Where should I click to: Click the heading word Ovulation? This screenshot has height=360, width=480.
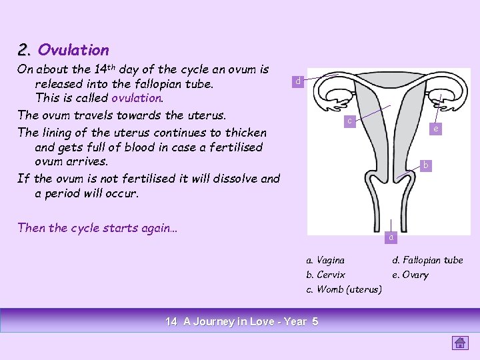(x=73, y=50)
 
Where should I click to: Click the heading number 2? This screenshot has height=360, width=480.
(x=25, y=50)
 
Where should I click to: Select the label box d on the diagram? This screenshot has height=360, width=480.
(x=298, y=81)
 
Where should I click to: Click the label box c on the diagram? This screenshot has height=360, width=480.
(x=349, y=121)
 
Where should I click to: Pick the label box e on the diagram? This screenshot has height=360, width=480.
(x=435, y=129)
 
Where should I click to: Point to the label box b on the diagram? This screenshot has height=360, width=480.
(x=425, y=164)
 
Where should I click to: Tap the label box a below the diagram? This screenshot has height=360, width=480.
(x=391, y=236)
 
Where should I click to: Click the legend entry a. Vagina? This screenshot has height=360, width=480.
(x=325, y=260)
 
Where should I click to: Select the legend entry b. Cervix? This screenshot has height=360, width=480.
(x=325, y=275)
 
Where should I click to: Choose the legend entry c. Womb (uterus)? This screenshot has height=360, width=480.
(x=343, y=289)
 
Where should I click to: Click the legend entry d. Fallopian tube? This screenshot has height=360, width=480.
(x=427, y=260)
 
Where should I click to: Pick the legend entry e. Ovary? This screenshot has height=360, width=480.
(x=410, y=275)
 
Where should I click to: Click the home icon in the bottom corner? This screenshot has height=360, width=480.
(x=460, y=343)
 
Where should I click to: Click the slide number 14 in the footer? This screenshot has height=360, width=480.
(x=171, y=321)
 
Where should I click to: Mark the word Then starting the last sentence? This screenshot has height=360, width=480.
(x=32, y=228)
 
